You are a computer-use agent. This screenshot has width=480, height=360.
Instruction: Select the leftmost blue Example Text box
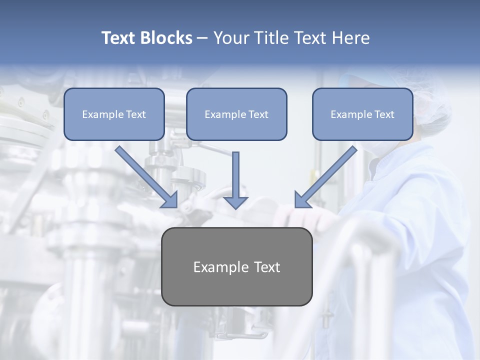click(x=114, y=114)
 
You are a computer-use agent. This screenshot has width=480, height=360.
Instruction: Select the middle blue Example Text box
click(x=236, y=114)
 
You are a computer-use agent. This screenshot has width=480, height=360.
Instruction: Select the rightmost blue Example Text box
click(x=362, y=114)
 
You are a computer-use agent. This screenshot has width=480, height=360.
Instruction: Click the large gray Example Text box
click(x=236, y=267)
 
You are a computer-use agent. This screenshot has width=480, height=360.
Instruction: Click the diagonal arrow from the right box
click(x=327, y=175)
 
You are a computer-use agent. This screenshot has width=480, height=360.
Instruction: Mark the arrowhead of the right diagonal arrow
click(x=302, y=200)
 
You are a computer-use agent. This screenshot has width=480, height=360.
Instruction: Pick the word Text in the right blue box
click(x=384, y=114)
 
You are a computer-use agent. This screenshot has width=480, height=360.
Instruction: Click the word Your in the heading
click(x=231, y=38)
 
